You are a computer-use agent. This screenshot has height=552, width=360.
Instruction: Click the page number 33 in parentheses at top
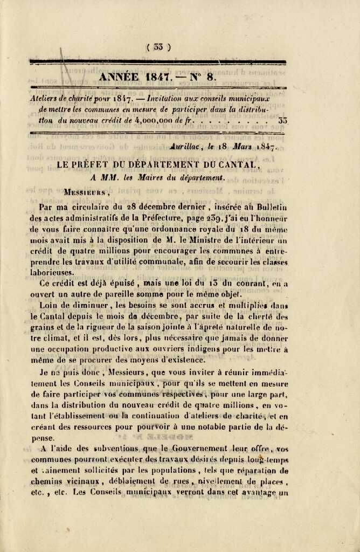point(157,47)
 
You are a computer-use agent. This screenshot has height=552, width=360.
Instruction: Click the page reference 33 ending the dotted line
point(282,120)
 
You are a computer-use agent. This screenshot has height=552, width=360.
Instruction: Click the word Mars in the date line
point(245,146)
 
